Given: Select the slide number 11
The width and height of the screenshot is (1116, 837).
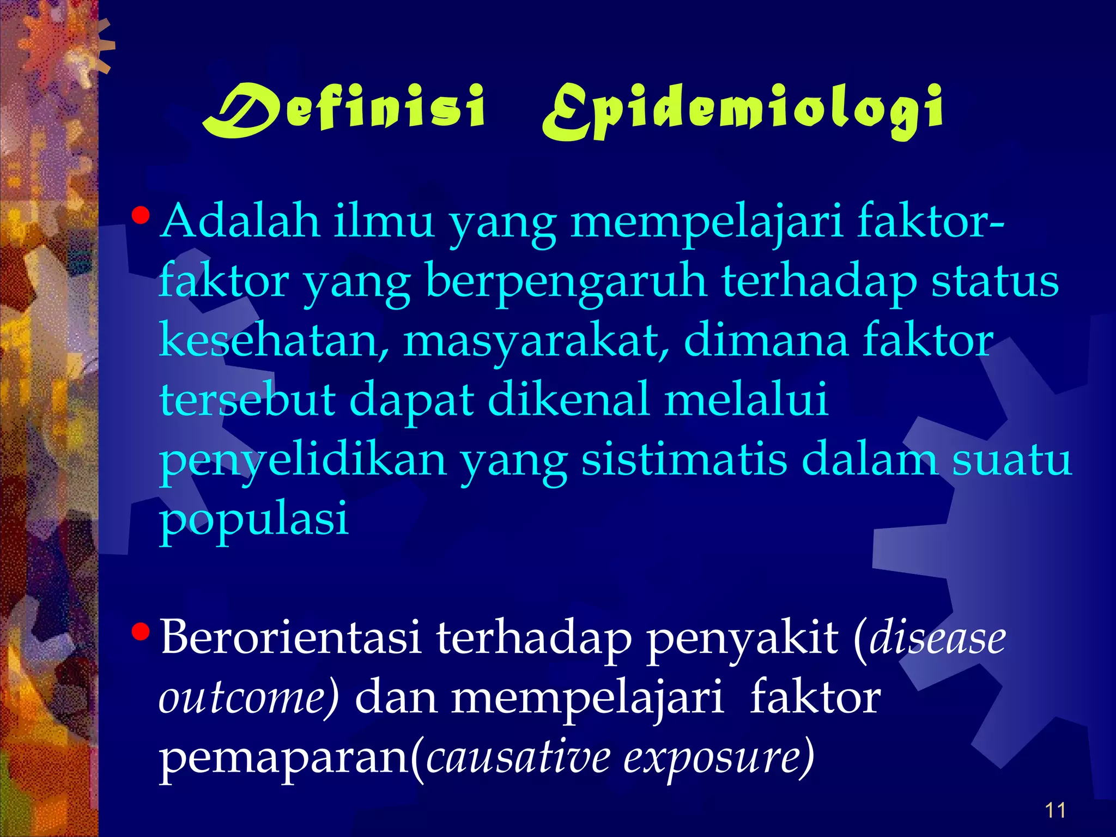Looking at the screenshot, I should pos(1055,810).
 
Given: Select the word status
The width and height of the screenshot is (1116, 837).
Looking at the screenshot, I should pos(994,281).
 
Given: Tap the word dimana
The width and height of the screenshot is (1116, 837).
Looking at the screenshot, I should pos(766,341).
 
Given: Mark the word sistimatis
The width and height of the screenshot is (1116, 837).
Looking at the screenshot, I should pos(684,459).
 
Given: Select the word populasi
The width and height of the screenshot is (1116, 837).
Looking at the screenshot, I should pos(253,519).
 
